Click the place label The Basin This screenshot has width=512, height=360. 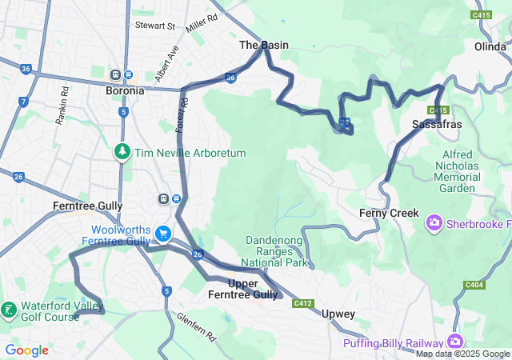pos(264,46)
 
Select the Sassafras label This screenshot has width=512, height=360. pos(437,126)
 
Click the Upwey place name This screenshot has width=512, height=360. pos(338,314)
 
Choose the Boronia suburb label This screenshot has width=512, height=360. pos(125,90)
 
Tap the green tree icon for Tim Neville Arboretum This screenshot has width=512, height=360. pos(122,150)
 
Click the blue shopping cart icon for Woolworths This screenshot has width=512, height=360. pos(163,234)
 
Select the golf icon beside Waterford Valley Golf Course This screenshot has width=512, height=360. pos(8,310)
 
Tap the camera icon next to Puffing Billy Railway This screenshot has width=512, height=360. pos(455,342)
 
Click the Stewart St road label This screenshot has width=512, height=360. pos(154,26)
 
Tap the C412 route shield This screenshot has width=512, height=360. pos(302,303)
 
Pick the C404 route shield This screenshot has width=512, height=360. pos(474,285)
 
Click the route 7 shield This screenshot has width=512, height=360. pos(24,102)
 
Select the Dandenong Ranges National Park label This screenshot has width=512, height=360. pos(276,251)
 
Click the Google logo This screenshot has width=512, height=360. pos(26,350)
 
